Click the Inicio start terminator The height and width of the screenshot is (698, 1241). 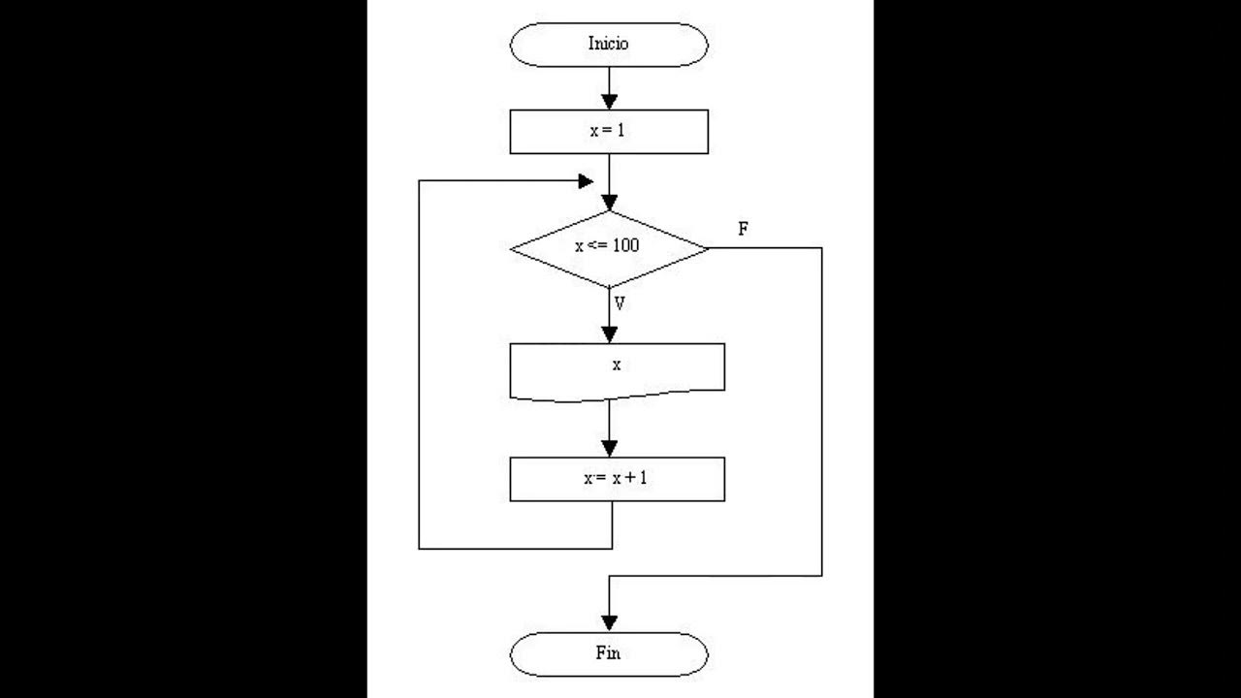point(609,45)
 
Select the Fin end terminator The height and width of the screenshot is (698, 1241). point(609,653)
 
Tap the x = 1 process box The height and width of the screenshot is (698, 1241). point(609,132)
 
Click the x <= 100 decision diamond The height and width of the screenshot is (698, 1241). point(609,248)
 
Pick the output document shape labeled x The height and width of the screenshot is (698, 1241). point(617,369)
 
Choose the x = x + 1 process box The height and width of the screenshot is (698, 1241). point(617,479)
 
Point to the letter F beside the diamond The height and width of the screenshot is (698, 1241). point(743,230)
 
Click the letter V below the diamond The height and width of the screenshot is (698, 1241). point(620,303)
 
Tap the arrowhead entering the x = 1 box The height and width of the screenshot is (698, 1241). point(609,101)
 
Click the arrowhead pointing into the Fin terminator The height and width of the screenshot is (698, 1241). point(609,622)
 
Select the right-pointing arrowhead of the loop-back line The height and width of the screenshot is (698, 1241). point(586,181)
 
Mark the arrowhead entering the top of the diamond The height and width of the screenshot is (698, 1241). point(609,203)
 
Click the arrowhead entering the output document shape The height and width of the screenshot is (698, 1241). point(609,334)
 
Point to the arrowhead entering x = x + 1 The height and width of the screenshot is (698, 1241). point(609,448)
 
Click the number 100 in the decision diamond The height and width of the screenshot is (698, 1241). point(625,246)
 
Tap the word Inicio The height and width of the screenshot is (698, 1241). point(609,45)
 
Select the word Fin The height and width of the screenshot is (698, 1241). point(608,653)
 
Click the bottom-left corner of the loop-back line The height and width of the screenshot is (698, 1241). point(419,549)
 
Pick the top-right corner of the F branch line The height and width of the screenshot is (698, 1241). point(822,248)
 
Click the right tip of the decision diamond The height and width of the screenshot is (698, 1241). point(708,248)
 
